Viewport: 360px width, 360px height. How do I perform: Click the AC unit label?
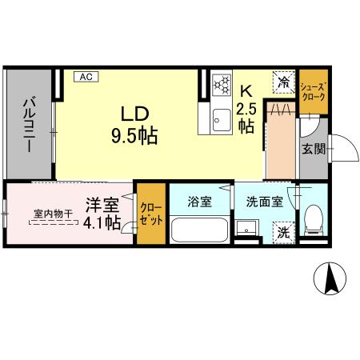[x=86, y=77]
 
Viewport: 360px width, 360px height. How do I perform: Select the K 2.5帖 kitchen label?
[x=246, y=110]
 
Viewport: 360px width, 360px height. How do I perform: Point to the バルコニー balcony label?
[x=29, y=124]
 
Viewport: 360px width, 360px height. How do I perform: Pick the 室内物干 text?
[x=53, y=214]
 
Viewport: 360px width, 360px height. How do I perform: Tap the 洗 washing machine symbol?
[x=283, y=233]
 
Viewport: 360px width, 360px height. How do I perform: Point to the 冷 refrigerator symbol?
[x=284, y=81]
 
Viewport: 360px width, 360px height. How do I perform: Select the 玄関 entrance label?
[x=313, y=149]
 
